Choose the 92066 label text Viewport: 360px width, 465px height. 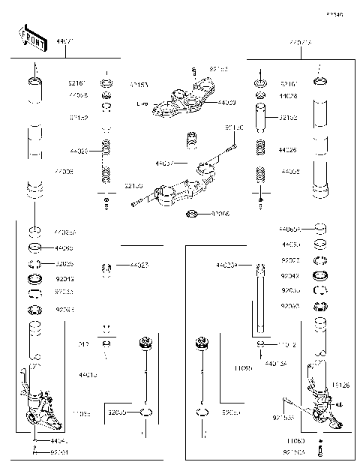(220, 214)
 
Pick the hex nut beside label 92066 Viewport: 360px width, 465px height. (192, 215)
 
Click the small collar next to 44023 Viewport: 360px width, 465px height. (107, 267)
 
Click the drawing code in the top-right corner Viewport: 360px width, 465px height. (334, 14)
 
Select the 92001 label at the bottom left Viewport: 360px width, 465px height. (60, 452)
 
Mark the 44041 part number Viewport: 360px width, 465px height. (59, 441)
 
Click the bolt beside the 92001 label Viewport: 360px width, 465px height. (36, 452)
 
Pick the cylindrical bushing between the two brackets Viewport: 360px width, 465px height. (191, 140)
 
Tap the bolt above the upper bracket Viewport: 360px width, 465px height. (193, 72)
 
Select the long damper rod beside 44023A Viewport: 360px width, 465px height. (260, 300)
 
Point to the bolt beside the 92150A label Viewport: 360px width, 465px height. (321, 452)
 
